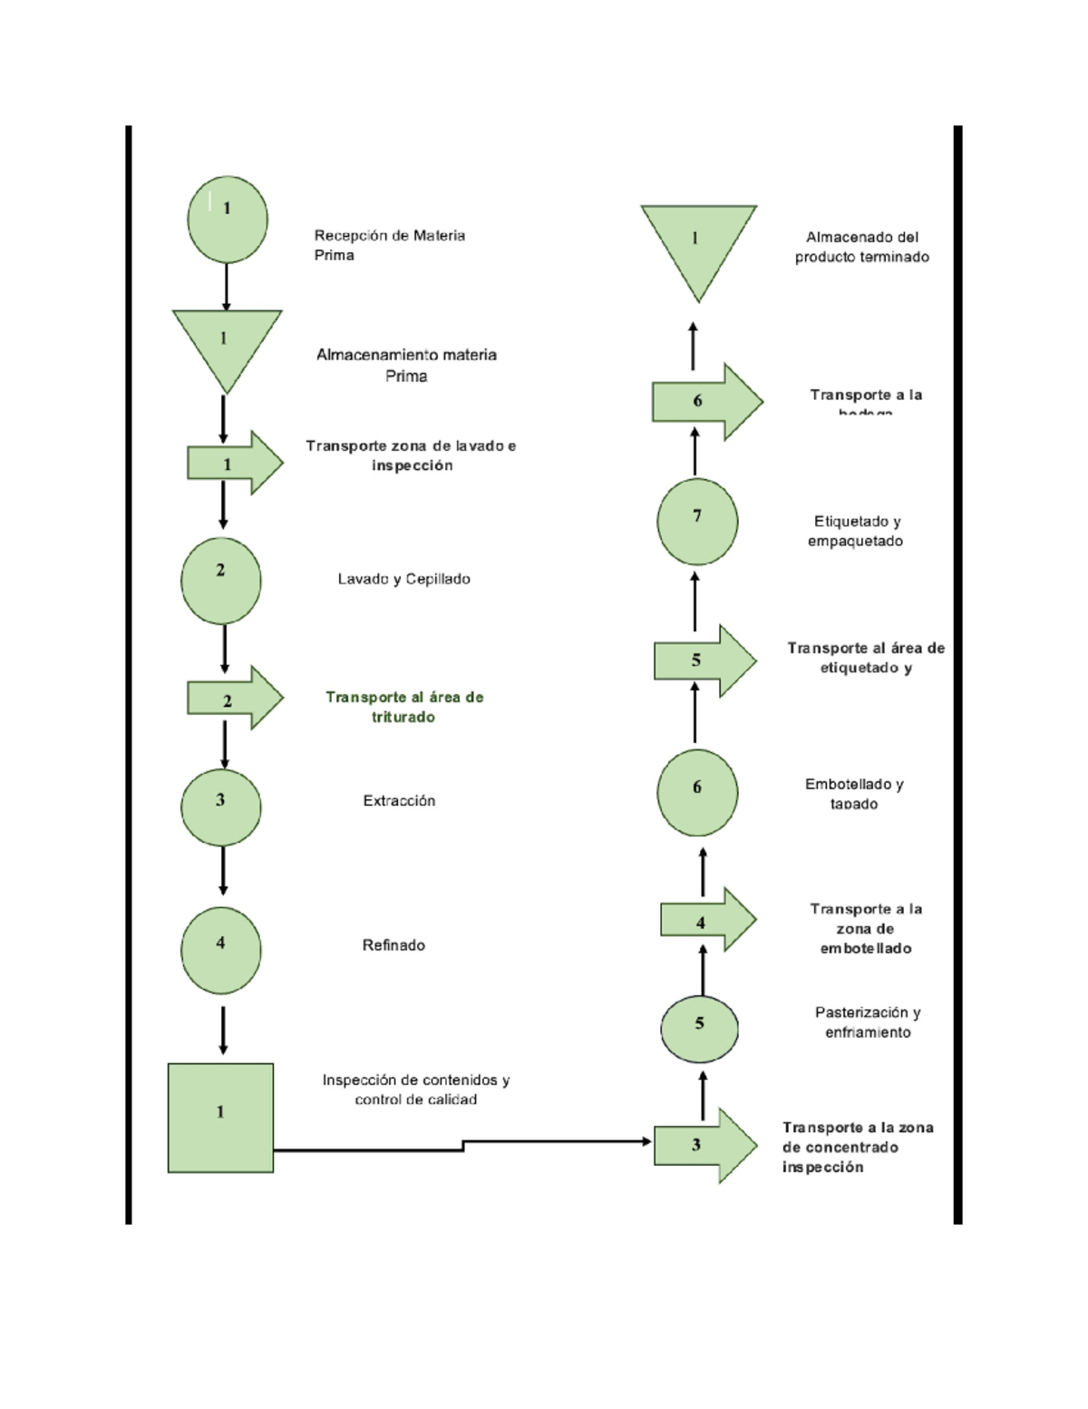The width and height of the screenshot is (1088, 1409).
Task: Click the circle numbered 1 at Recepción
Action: tap(227, 220)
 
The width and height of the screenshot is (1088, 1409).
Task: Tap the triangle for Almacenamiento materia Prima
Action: tap(226, 343)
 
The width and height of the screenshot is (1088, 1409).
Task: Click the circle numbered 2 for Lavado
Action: tap(221, 581)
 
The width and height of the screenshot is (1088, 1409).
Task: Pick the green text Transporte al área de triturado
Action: tap(404, 707)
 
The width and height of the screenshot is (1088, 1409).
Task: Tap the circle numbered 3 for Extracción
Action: tap(221, 807)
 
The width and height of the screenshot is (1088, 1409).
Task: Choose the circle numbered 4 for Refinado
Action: tap(221, 950)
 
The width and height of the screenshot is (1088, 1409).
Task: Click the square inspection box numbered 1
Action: tap(220, 1118)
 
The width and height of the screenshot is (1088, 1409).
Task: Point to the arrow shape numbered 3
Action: tap(704, 1145)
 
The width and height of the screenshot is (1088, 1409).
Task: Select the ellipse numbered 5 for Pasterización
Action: tap(699, 1029)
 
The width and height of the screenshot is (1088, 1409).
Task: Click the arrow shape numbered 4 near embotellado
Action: tap(706, 920)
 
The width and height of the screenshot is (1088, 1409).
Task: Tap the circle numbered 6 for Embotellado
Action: tap(697, 792)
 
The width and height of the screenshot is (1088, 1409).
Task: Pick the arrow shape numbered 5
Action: tap(704, 660)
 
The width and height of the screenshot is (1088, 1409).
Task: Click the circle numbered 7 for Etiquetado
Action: tap(697, 522)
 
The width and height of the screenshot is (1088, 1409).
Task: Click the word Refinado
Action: tap(393, 945)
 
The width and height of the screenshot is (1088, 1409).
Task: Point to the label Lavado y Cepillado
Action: tap(403, 579)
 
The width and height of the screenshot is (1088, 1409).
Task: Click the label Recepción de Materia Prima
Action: tap(389, 245)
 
